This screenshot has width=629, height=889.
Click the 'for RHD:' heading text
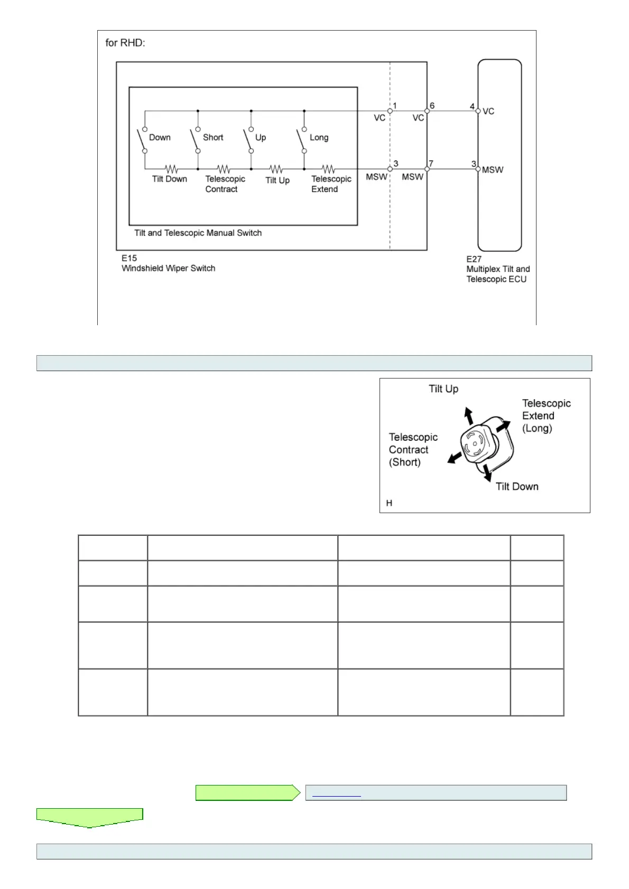click(125, 43)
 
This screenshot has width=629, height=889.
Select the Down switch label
click(160, 137)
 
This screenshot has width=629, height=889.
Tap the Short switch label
click(213, 137)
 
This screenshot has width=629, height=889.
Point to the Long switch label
click(319, 137)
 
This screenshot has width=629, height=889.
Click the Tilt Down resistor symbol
click(171, 169)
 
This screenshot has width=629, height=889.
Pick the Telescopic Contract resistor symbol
click(224, 169)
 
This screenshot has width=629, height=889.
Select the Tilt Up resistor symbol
click(276, 169)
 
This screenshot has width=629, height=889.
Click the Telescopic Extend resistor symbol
click(328, 169)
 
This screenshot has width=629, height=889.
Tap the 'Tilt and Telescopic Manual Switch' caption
click(198, 233)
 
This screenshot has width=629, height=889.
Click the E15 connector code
click(129, 258)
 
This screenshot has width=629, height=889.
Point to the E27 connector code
click(474, 259)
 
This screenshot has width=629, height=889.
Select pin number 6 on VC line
click(432, 106)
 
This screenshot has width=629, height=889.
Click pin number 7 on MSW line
click(431, 164)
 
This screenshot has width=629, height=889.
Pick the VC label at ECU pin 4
click(488, 111)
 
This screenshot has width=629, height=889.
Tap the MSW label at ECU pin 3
click(493, 170)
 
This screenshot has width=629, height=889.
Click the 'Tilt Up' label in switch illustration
click(443, 389)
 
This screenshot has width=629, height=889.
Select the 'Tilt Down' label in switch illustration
click(517, 487)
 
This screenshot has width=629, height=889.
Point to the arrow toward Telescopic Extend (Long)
click(504, 425)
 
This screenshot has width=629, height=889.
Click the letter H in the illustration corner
click(389, 503)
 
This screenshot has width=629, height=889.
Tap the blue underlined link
click(336, 793)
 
